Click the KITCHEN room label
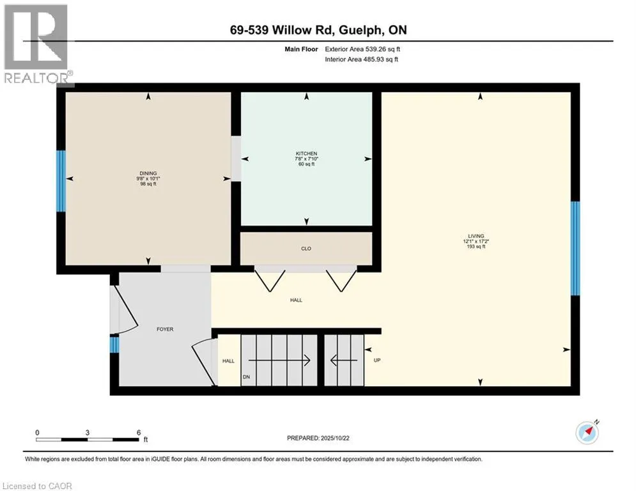306,153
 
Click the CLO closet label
306,249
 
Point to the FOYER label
165,329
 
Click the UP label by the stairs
376,361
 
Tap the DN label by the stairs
245,377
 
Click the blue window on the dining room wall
61,181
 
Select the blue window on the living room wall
575,248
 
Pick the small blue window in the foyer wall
114,345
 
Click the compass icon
587,433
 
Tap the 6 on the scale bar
139,432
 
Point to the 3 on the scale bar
88,432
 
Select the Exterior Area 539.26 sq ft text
362,49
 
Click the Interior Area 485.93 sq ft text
361,59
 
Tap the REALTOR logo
36,45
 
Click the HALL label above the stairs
296,300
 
